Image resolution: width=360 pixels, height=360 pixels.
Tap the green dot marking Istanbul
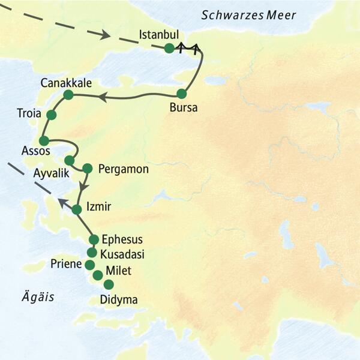pos(169,49)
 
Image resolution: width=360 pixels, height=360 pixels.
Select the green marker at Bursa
pos(182,94)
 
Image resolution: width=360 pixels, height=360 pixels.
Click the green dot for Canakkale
pos(68,94)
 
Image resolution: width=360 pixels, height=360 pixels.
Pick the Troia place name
pos(30,112)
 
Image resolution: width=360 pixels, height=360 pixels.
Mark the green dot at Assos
pos(44,140)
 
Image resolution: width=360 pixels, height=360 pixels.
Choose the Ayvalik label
pos(51,174)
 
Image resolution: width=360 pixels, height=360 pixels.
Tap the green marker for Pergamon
pos(88,168)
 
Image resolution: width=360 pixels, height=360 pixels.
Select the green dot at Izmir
pos(77,210)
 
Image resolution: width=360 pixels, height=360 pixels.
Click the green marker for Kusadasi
pos(92,252)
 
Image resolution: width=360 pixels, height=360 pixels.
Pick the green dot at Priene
pos(90,265)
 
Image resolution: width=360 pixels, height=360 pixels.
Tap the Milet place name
pos(117,269)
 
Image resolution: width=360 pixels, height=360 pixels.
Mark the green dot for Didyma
pos(109,284)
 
